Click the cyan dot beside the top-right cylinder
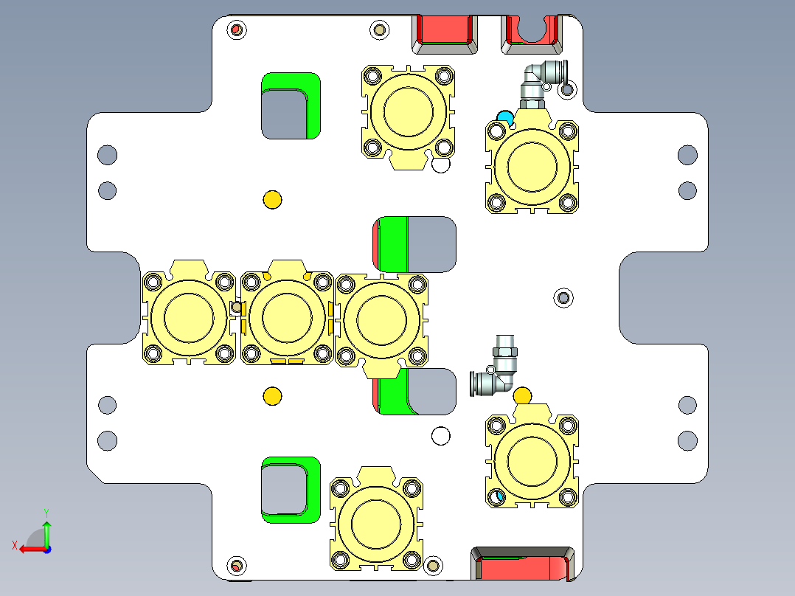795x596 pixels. (x=505, y=117)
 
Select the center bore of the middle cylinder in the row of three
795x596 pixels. (x=283, y=315)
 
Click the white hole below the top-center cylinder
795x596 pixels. (x=441, y=164)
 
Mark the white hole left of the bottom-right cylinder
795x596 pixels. (x=441, y=436)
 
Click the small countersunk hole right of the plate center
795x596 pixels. (x=564, y=297)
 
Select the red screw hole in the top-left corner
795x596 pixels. (x=237, y=30)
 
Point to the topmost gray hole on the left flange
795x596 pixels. (x=108, y=155)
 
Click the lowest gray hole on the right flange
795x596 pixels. (x=687, y=440)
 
